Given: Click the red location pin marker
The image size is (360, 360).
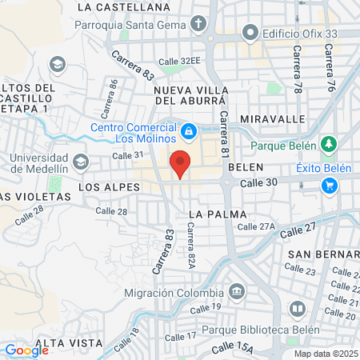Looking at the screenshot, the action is [180, 163].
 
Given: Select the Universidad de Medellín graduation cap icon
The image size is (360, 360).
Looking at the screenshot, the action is [80, 162].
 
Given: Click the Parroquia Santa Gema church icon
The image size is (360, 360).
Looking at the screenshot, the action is [198, 24].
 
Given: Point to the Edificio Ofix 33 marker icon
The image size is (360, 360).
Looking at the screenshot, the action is [251, 33].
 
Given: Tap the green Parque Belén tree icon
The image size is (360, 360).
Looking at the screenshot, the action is [327, 145].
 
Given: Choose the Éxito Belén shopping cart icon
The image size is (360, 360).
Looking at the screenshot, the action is [329, 185].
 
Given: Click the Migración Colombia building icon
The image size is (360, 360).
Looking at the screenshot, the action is [236, 290].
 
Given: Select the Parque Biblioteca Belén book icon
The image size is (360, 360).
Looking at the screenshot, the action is [297, 309].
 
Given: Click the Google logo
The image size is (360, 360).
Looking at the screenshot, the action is [26, 350].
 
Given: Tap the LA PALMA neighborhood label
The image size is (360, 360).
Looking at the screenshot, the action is [215, 214].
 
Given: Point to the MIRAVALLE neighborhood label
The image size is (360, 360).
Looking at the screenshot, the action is [278, 118].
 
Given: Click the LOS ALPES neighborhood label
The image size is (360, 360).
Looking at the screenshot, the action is [109, 186].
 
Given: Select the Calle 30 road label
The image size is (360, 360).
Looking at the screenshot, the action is [258, 182].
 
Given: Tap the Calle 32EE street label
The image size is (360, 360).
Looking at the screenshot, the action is [179, 61].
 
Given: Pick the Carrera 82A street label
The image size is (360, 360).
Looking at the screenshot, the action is [191, 244].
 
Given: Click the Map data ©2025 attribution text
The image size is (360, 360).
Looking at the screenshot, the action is [323, 354].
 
